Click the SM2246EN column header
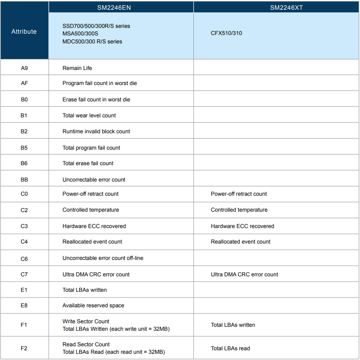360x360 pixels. [121, 8]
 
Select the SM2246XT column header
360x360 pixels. [286, 8]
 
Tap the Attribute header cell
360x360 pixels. [24, 32]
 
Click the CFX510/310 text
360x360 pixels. [226, 33]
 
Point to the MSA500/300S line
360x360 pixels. [80, 34]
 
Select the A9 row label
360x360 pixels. [24, 68]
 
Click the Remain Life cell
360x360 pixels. [77, 68]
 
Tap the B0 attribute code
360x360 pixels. [24, 100]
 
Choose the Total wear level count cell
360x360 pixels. [89, 116]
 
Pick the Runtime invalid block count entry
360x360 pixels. [96, 132]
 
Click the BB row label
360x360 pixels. [24, 180]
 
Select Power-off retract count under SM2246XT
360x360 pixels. [239, 194]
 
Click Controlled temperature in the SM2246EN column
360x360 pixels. [90, 210]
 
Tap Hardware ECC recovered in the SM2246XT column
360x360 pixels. [242, 226]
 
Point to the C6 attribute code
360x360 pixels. [24, 258]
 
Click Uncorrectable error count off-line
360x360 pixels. [103, 258]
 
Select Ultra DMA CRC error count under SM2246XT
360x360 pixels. [244, 275]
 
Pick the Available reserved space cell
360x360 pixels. [93, 306]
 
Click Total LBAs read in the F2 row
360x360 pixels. [230, 348]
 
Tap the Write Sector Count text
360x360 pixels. [86, 321]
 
